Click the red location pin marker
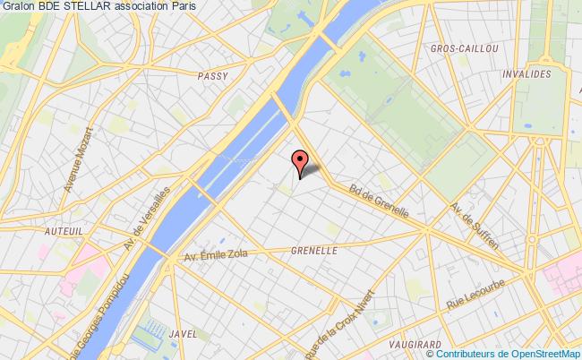pos(299,161)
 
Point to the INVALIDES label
pos(526,75)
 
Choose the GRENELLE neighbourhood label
pos(313,252)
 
